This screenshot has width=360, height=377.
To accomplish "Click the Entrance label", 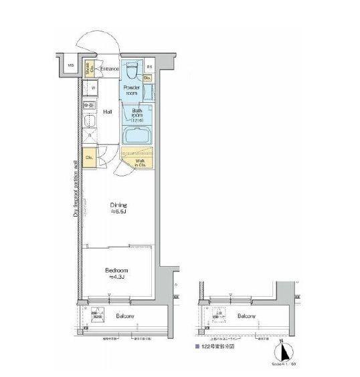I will [x=110, y=69].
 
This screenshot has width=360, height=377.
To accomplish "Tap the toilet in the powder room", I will [x=132, y=69].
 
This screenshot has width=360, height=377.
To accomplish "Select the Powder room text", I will [x=132, y=90].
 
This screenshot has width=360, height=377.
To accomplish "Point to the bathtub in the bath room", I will [x=139, y=134].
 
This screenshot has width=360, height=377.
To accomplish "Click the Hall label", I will [x=107, y=112].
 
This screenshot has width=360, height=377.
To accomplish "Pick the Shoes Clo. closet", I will [x=88, y=68].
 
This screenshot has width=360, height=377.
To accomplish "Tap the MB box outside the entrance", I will [x=69, y=65].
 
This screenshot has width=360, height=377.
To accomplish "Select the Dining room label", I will [x=118, y=208].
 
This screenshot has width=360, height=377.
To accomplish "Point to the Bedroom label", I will [x=116, y=273].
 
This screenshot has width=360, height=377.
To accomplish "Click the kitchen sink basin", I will [x=88, y=123].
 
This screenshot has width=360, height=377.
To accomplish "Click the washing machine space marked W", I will [x=92, y=88].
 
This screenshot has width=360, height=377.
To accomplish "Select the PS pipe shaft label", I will [x=150, y=68].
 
